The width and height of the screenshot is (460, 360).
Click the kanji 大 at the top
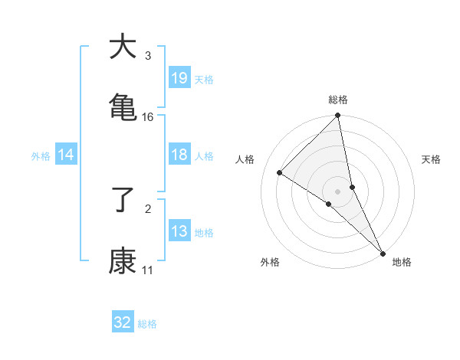(x=123, y=47)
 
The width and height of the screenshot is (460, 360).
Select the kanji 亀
(x=123, y=107)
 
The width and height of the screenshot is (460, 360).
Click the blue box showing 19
(x=179, y=77)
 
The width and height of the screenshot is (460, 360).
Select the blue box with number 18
(x=179, y=154)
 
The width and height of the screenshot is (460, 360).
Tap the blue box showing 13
(x=179, y=231)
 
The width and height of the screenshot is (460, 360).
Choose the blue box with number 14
(x=66, y=155)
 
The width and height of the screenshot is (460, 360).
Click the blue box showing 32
(x=123, y=322)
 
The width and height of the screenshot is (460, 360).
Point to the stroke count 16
(x=148, y=117)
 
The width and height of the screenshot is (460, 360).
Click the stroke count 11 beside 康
(x=148, y=270)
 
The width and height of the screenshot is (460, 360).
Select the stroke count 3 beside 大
(x=147, y=56)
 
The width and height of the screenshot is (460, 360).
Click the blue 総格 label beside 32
(x=147, y=324)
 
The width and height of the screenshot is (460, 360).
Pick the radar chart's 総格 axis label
(x=338, y=100)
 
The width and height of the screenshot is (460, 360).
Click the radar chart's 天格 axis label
(x=431, y=159)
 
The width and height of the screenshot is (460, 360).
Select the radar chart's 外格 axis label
(x=270, y=262)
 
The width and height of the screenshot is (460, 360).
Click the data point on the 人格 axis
(x=280, y=173)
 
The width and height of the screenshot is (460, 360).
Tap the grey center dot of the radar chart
(x=338, y=191)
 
